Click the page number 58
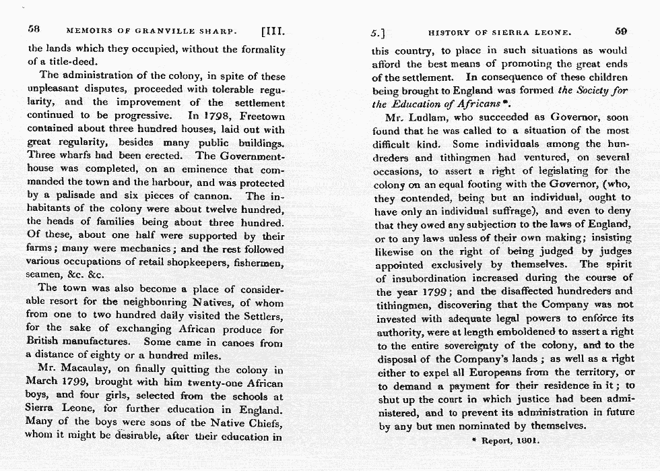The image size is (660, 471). tap(34, 30)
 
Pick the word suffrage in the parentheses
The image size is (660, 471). tap(510, 211)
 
